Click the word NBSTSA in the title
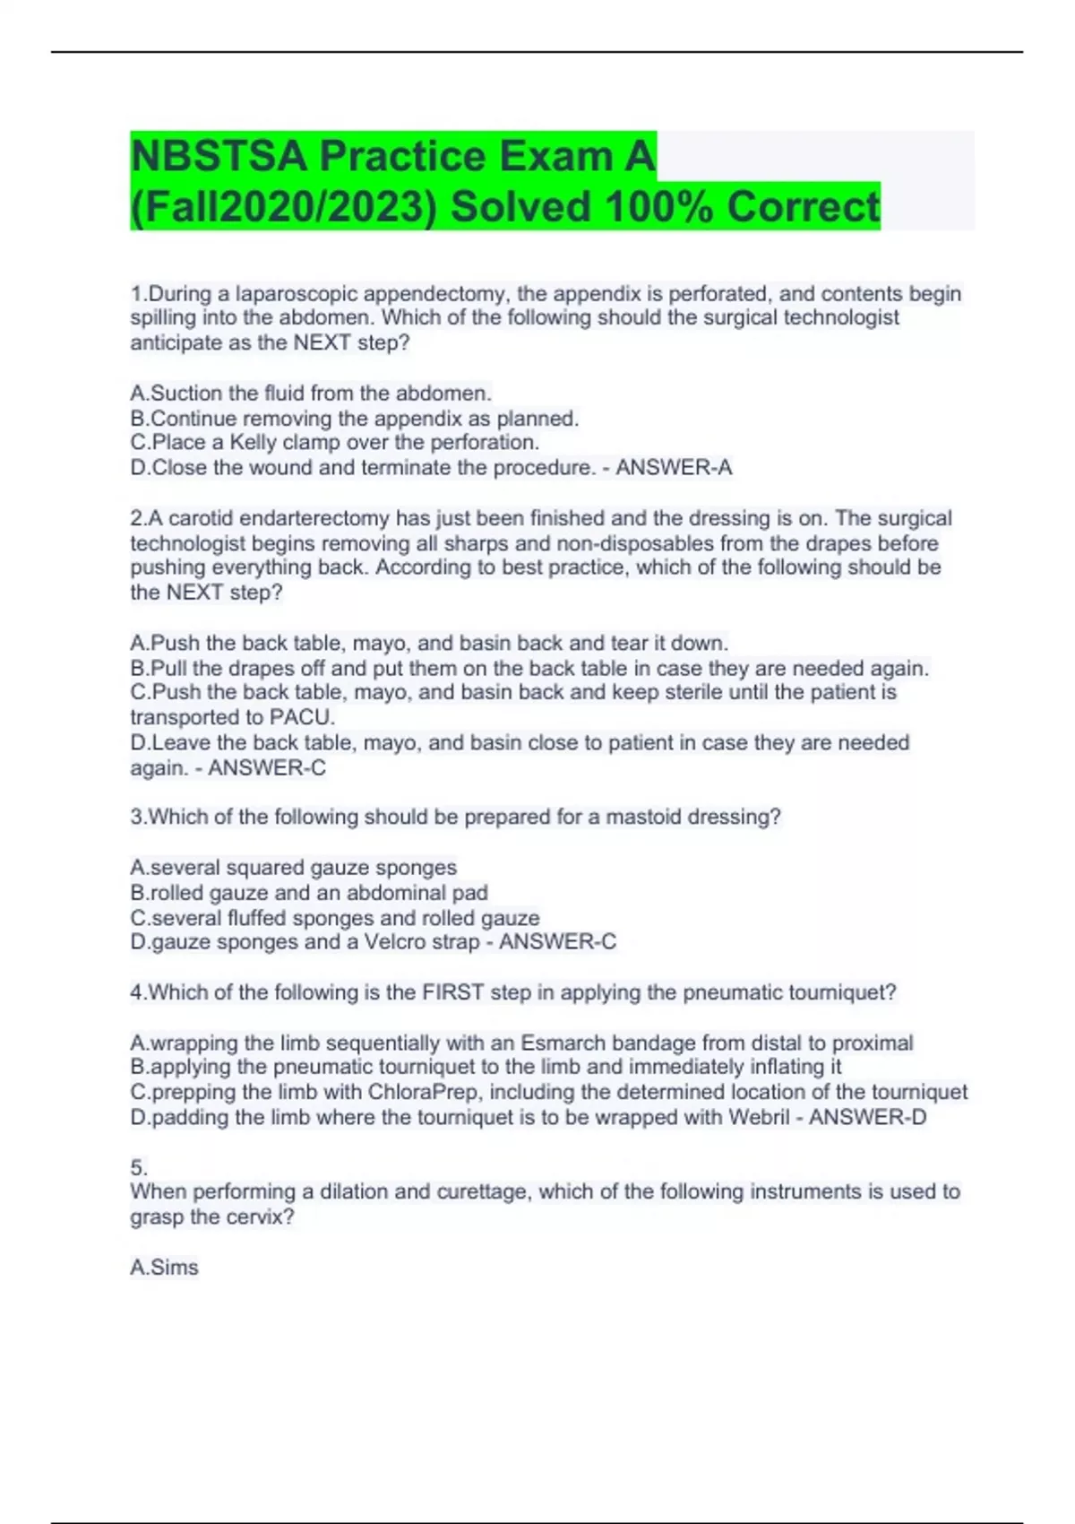tap(219, 157)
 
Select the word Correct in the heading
tap(803, 207)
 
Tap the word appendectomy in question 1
tap(436, 294)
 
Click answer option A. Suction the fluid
tap(311, 394)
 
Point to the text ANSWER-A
tap(674, 468)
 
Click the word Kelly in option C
tap(253, 443)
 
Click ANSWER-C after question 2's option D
tap(267, 768)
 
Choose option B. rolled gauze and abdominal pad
tap(309, 893)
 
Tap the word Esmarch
tap(562, 1043)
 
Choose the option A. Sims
tap(164, 1268)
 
